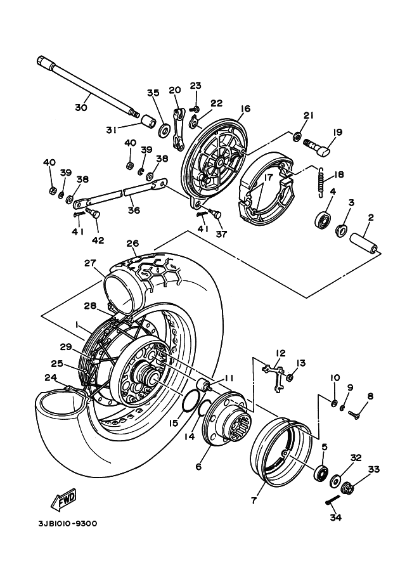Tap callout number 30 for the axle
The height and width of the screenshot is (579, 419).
[81, 108]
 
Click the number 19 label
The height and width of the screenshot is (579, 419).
[337, 133]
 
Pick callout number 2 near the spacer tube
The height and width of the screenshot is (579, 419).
[371, 218]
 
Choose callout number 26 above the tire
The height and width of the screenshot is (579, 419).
[132, 243]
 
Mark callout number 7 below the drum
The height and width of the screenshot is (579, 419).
[254, 501]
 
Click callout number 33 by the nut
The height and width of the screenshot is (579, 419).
[373, 470]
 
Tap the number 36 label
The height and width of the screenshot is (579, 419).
[133, 210]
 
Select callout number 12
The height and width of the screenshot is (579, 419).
[280, 353]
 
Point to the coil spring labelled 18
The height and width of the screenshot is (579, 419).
[321, 180]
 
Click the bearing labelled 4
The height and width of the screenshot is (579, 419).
[324, 221]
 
